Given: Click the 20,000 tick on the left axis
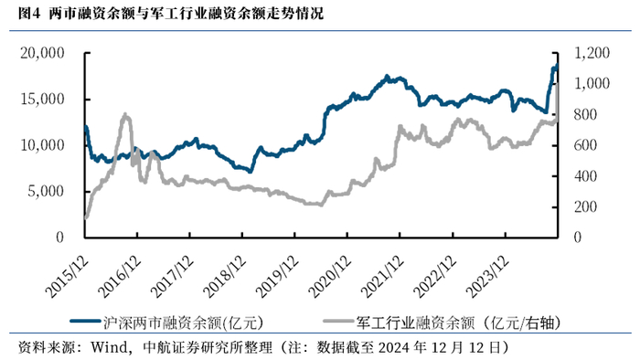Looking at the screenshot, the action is pyautogui.click(x=42, y=53).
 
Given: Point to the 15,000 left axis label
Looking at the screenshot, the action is pyautogui.click(x=42, y=99).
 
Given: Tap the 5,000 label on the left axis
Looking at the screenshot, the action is pyautogui.click(x=46, y=191).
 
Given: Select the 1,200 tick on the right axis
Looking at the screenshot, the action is pyautogui.click(x=592, y=53).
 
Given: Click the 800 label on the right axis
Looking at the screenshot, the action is pyautogui.click(x=585, y=114).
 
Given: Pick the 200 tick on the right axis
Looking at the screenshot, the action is pyautogui.click(x=585, y=206).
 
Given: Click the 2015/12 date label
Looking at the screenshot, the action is pyautogui.click(x=67, y=277).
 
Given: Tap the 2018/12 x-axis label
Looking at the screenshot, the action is pyautogui.click(x=225, y=277).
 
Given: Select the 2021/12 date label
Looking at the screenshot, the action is pyautogui.click(x=382, y=277).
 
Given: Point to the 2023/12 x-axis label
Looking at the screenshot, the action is pyautogui.click(x=487, y=277).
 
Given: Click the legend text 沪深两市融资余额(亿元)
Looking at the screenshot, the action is pyautogui.click(x=183, y=323).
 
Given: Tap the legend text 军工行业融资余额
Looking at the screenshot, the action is pyautogui.click(x=415, y=323).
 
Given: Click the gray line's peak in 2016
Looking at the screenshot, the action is pyautogui.click(x=125, y=114).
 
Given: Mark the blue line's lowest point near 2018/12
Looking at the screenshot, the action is pyautogui.click(x=251, y=171).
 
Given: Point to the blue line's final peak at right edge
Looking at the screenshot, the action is pyautogui.click(x=556, y=65).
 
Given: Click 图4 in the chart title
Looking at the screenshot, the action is pyautogui.click(x=29, y=14).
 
